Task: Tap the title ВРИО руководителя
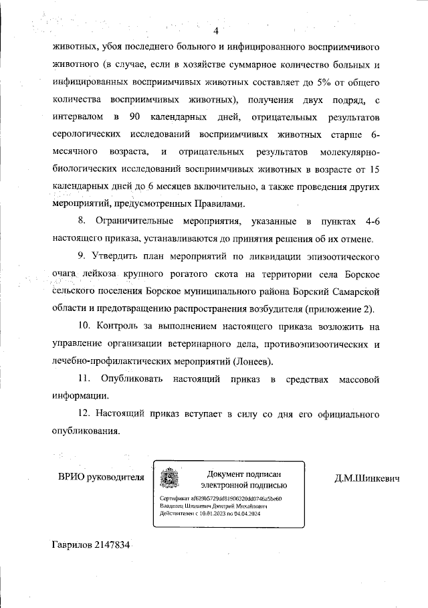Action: pos(101,478)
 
